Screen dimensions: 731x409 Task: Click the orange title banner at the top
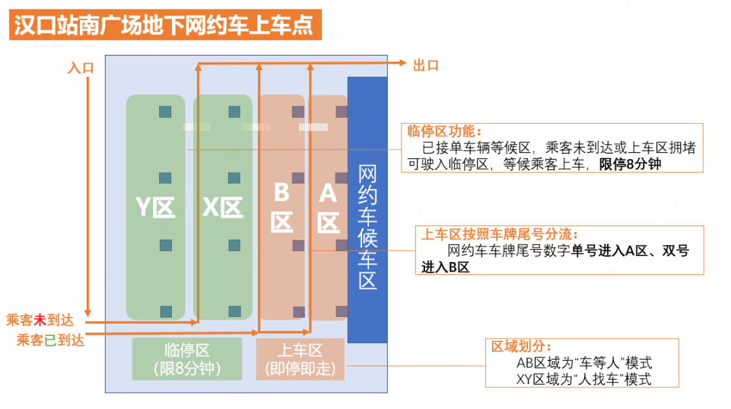point(165,25)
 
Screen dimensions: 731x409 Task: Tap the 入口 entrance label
point(81,68)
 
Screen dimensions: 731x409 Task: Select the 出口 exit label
point(426,66)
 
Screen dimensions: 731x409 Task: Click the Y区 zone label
point(155,207)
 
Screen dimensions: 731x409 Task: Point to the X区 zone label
point(223,207)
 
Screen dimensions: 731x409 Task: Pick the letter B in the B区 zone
point(282,192)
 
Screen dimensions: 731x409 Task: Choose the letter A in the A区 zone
point(328,192)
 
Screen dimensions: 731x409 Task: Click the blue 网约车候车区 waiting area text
point(368,227)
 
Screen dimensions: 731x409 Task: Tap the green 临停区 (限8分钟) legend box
point(187,359)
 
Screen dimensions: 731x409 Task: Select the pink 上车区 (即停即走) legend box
point(301,359)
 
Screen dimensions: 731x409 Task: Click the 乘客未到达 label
point(40,320)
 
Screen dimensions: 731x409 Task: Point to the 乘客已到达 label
point(50,341)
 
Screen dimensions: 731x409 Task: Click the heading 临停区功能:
point(444,131)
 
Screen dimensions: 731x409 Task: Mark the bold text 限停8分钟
point(630,164)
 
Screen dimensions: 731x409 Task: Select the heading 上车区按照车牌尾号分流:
point(500,234)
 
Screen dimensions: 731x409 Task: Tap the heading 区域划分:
point(521,347)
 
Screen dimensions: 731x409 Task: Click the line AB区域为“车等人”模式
point(584,363)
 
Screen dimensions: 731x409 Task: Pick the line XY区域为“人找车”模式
point(583,380)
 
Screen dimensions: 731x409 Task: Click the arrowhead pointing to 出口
point(403,62)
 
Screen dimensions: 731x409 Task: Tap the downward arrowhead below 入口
point(87,313)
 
